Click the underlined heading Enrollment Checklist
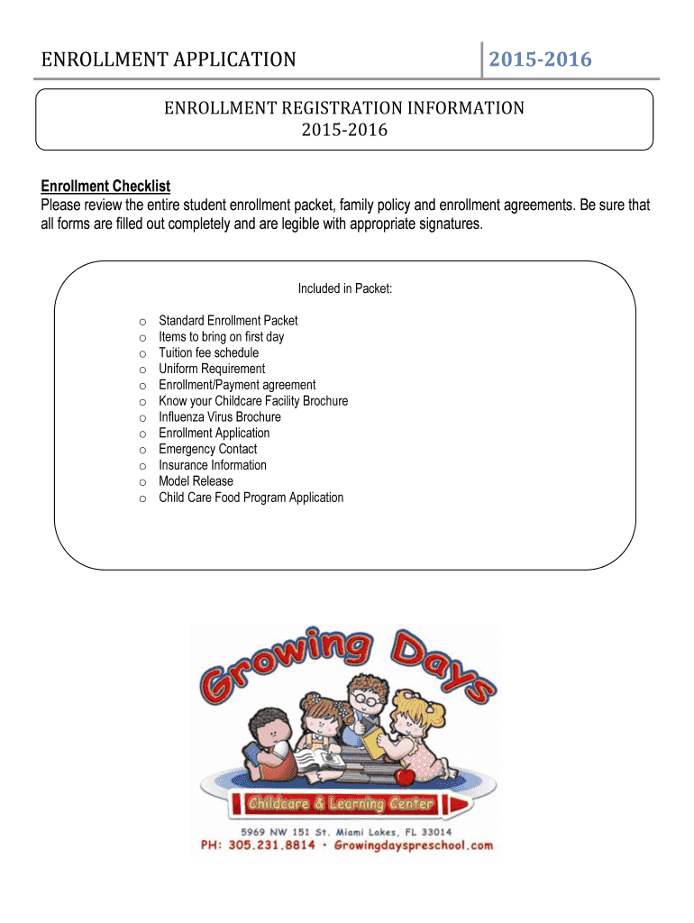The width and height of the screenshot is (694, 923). tap(105, 187)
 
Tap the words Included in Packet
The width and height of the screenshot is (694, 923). tap(345, 288)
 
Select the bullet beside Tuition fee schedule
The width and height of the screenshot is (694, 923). tap(142, 353)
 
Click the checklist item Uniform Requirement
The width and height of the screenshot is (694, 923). tap(212, 369)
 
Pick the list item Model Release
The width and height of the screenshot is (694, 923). tap(196, 481)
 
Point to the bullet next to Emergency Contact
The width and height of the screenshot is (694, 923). tap(142, 450)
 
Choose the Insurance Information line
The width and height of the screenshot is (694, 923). tap(213, 465)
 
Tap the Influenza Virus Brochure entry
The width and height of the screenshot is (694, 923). tap(220, 417)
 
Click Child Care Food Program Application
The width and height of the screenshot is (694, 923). tap(251, 498)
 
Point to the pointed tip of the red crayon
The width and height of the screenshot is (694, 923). tap(465, 802)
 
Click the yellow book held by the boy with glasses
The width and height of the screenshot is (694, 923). tap(373, 742)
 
